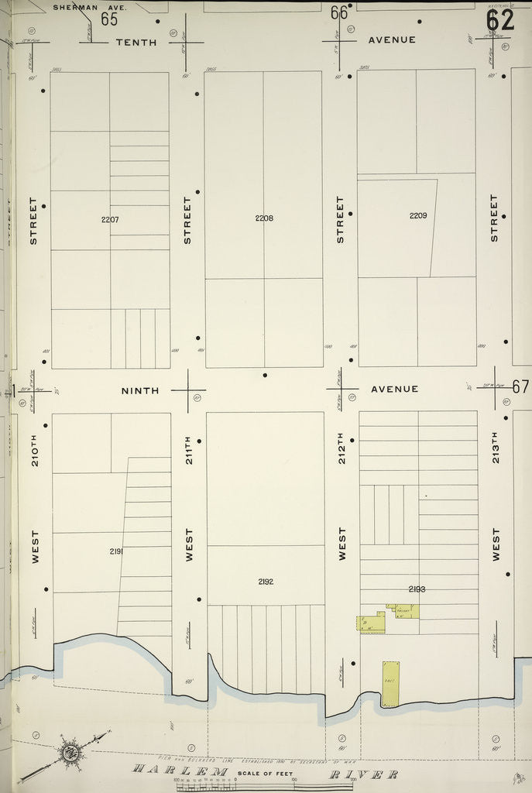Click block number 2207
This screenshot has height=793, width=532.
(x=110, y=219)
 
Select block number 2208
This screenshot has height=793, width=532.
(x=264, y=218)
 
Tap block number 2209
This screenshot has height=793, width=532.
(x=418, y=215)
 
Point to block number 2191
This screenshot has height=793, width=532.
(x=118, y=551)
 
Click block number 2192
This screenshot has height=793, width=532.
(x=266, y=581)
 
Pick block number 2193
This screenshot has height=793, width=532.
(x=417, y=589)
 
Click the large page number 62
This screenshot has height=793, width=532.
(x=500, y=20)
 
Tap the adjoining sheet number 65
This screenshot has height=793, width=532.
(x=108, y=19)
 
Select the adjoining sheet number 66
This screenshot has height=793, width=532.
(x=338, y=13)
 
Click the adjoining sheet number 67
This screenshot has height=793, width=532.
(x=520, y=386)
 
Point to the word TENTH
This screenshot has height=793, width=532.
(x=136, y=42)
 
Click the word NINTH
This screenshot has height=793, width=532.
(x=140, y=390)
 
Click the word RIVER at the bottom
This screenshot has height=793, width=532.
(x=364, y=774)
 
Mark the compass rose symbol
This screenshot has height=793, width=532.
(x=70, y=750)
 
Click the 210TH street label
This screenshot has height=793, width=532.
(x=35, y=449)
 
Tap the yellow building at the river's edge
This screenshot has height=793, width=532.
(x=390, y=684)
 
